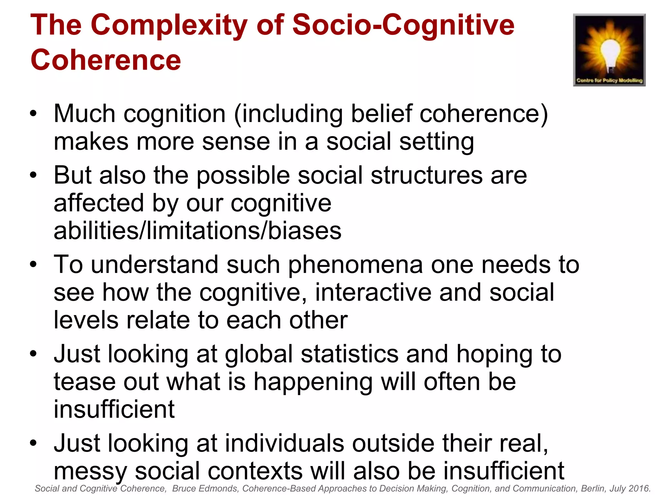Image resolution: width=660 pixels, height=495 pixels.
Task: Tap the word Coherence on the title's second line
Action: click(106, 60)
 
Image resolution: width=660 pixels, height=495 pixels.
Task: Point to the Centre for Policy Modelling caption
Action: click(609, 80)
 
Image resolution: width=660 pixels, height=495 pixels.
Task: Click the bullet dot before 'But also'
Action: click(33, 175)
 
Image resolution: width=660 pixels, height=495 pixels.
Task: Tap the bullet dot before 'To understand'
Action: click(33, 265)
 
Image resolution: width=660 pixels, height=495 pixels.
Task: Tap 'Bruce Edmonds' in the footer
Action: click(205, 489)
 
